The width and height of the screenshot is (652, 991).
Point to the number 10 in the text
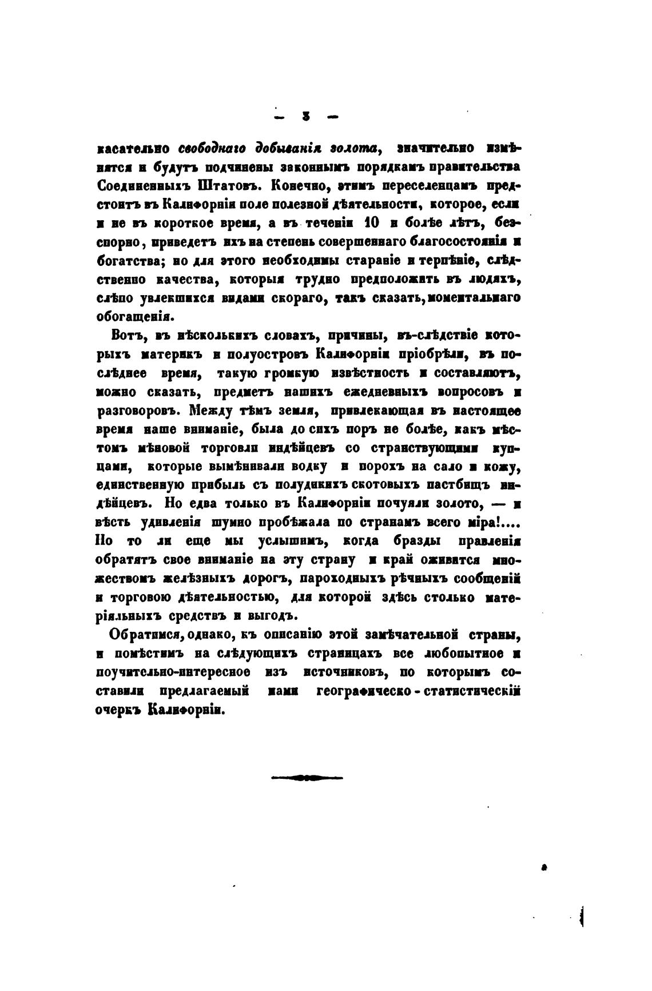(x=364, y=223)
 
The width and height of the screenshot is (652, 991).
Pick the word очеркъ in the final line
(x=118, y=710)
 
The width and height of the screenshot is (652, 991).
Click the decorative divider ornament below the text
(x=307, y=778)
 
